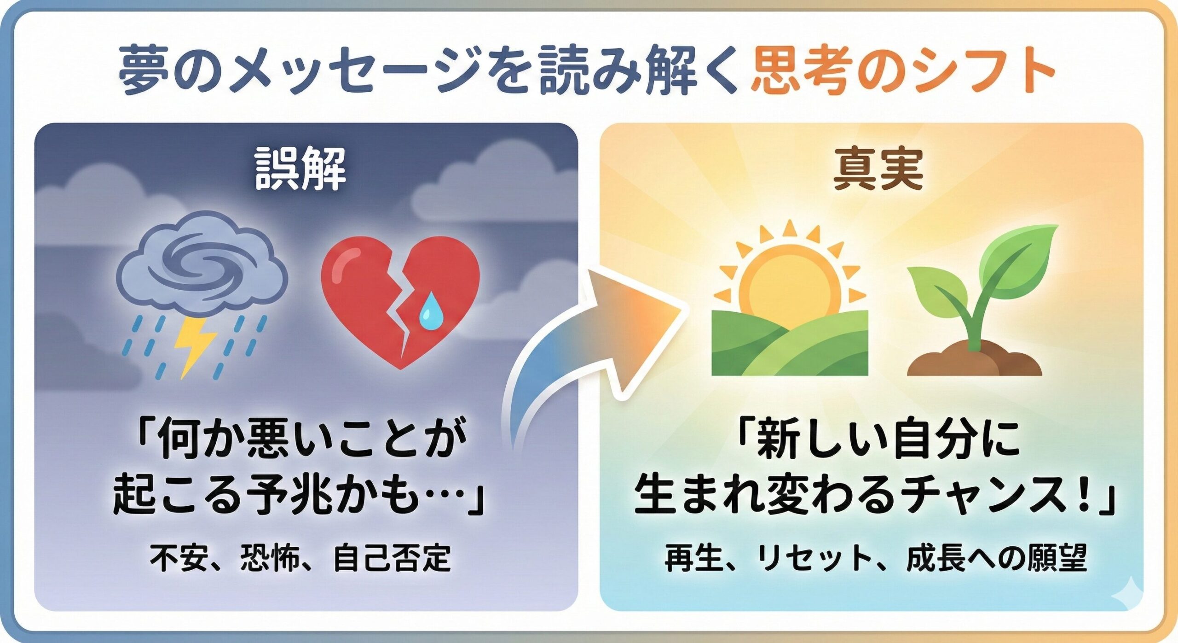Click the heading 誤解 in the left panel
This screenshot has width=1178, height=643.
(300, 169)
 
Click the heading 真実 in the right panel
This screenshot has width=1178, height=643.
(878, 169)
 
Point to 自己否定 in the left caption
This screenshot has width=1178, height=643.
(392, 558)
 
